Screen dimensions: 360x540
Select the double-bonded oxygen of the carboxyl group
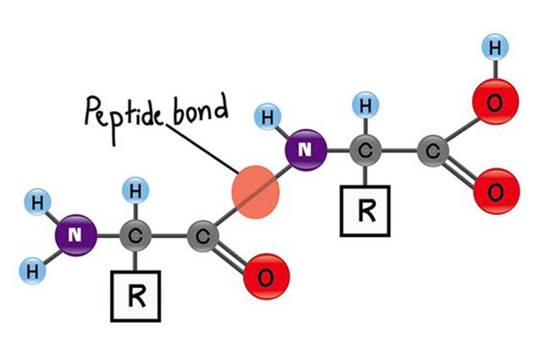click(x=495, y=191)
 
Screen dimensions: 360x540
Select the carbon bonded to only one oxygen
click(x=202, y=235)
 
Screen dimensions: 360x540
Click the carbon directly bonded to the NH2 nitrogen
click(x=136, y=235)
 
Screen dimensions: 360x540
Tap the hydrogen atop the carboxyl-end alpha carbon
click(x=365, y=107)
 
